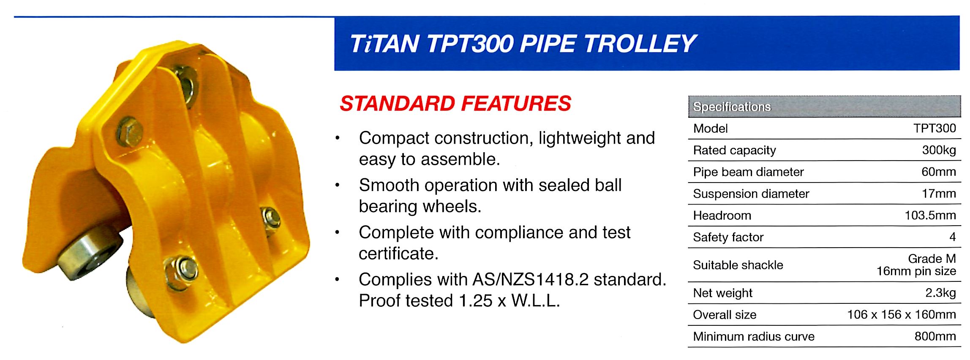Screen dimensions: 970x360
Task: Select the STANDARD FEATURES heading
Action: coord(455,104)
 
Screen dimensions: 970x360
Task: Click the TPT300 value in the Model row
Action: coord(935,128)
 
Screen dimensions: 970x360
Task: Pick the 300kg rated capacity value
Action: coord(939,150)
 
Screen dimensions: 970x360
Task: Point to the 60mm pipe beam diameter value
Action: coord(938,172)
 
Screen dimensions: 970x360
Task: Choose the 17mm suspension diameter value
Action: coord(939,194)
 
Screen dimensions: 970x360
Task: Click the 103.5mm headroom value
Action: coord(930,215)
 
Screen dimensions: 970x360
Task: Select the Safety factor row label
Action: coord(728,237)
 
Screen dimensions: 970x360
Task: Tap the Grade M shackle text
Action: coord(932,259)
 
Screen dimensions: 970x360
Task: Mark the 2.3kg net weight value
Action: coord(940,293)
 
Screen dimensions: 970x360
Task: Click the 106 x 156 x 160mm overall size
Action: coord(902,314)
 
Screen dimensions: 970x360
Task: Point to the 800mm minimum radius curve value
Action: coord(935,336)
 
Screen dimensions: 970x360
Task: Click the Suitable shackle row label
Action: coord(738,265)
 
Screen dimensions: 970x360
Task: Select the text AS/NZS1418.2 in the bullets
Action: coord(530,279)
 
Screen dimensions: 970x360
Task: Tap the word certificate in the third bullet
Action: coord(398,254)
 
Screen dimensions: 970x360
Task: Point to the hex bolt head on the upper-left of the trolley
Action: coord(129,132)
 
